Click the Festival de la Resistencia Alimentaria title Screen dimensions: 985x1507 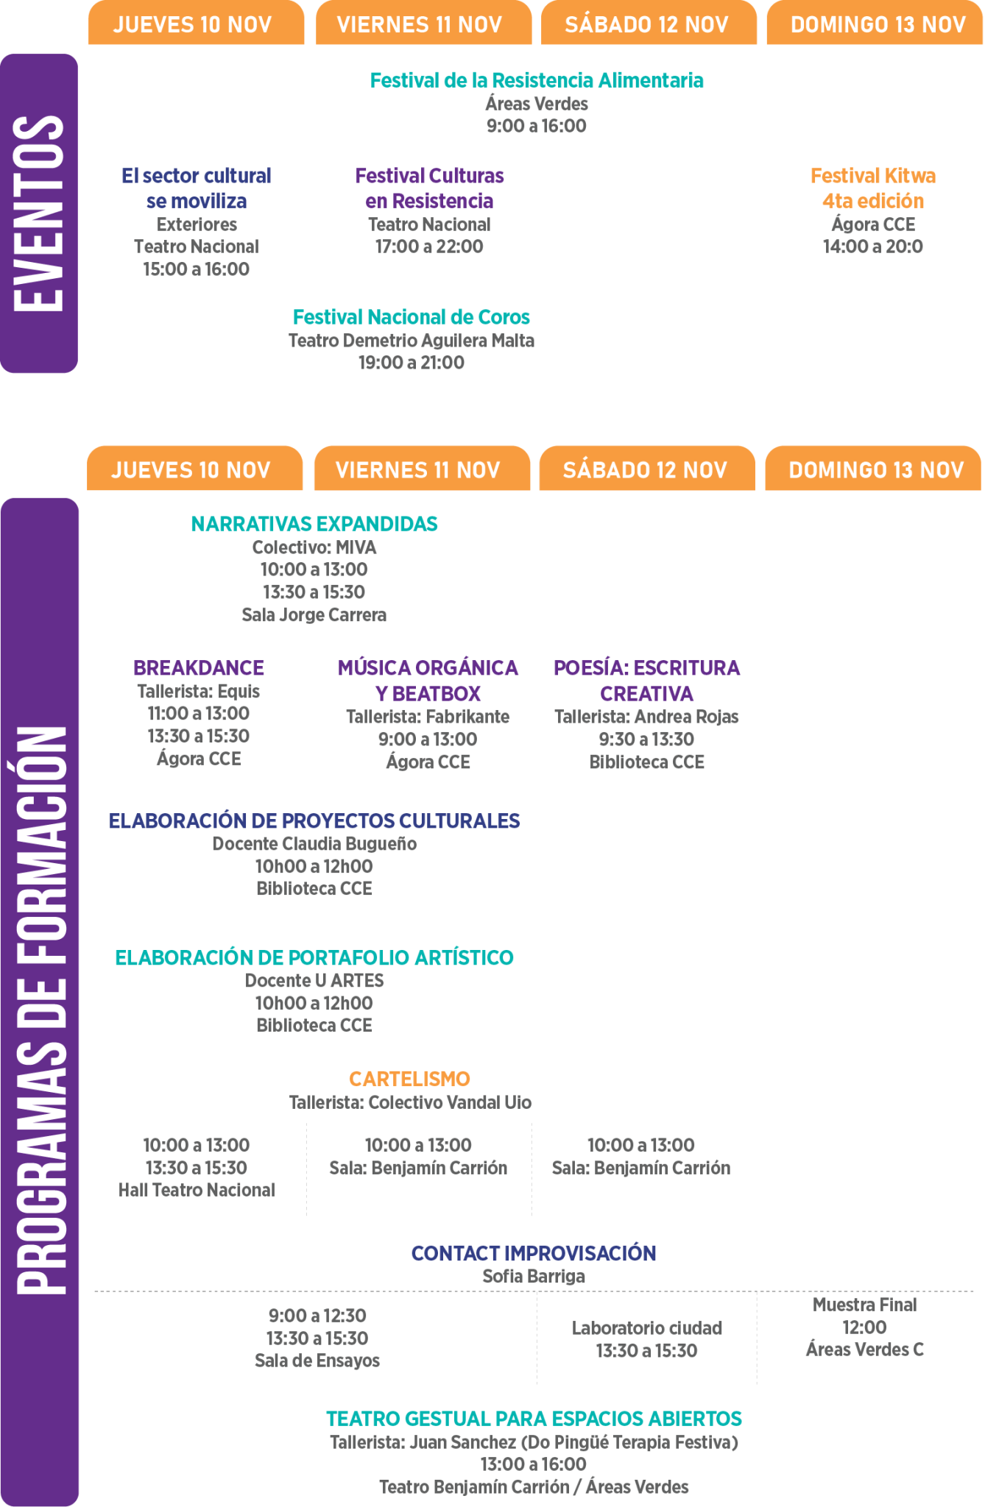click(x=536, y=80)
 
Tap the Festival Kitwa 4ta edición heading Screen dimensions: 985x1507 click(x=873, y=188)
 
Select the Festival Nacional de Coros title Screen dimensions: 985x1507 click(x=412, y=317)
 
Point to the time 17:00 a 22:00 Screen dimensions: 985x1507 click(x=429, y=247)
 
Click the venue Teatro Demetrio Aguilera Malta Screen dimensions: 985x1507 click(x=412, y=341)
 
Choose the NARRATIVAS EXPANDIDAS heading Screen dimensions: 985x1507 click(x=314, y=524)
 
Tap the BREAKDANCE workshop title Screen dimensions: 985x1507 click(x=199, y=668)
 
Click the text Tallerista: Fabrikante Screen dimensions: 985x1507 click(x=428, y=717)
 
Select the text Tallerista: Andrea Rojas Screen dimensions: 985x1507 click(x=646, y=717)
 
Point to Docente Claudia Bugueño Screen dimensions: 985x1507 click(x=314, y=844)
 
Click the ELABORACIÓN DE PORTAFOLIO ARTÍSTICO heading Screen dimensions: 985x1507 click(x=314, y=957)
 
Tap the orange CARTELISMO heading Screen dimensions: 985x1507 click(x=409, y=1079)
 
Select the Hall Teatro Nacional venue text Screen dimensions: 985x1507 click(x=197, y=1190)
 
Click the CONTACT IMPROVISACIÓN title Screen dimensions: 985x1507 click(x=534, y=1253)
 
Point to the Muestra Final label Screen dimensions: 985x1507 click(x=864, y=1305)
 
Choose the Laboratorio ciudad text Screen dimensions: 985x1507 click(x=646, y=1328)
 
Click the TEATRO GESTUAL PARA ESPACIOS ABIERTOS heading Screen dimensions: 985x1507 click(x=534, y=1419)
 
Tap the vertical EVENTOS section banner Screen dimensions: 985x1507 click(x=39, y=213)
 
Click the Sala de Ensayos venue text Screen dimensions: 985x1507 click(x=317, y=1361)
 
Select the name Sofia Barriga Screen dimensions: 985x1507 click(x=534, y=1277)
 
